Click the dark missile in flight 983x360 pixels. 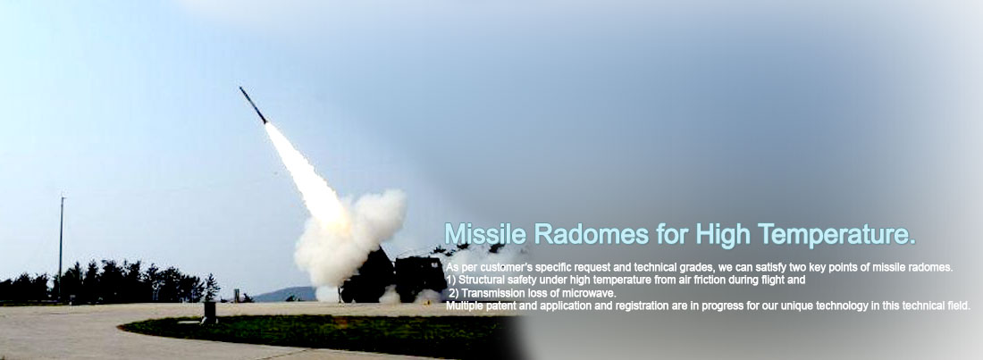[x=253, y=105]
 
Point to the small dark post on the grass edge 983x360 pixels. [x=209, y=311]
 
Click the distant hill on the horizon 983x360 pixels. [x=284, y=294]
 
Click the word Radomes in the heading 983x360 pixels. [x=592, y=234]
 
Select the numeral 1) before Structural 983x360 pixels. [x=450, y=280]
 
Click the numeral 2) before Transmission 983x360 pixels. [x=453, y=293]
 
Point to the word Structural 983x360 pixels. [x=481, y=280]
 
